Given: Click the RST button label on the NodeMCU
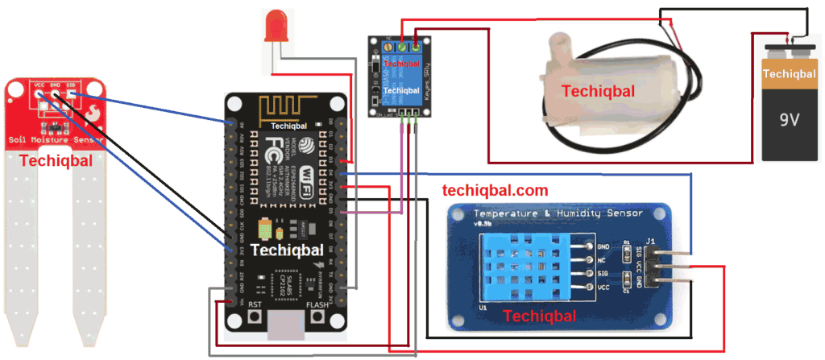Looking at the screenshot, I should (255, 305).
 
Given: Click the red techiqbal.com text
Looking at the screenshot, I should (495, 191).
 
